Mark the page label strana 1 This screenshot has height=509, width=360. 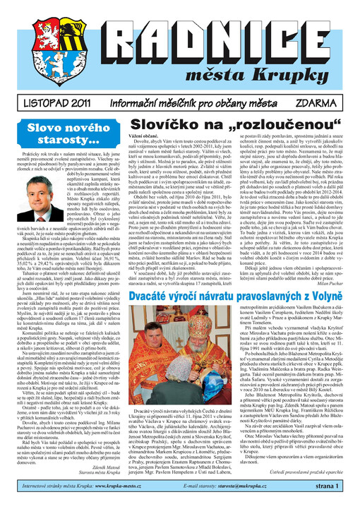pyautogui.click(x=331, y=497)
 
